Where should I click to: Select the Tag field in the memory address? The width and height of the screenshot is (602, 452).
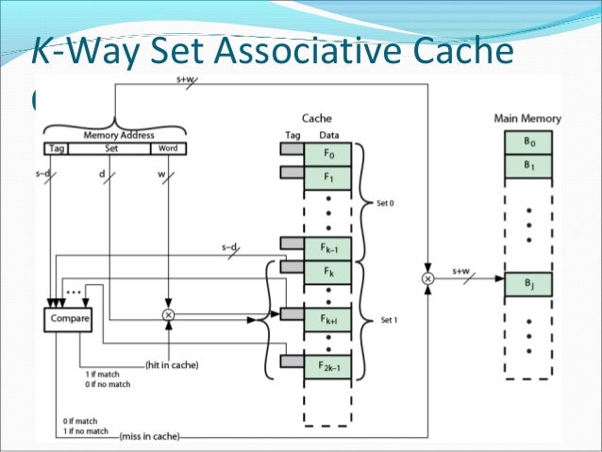coord(57,148)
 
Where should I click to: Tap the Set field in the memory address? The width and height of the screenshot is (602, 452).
coord(110,148)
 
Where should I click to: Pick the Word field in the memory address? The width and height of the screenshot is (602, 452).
coord(168,148)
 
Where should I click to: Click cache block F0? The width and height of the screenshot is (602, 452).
coord(327,151)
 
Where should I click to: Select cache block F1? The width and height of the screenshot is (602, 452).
coord(327,176)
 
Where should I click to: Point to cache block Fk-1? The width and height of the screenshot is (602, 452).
coord(327,247)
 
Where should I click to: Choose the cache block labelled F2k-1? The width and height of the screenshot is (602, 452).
coord(327,364)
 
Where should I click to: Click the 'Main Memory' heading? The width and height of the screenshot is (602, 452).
coord(527,118)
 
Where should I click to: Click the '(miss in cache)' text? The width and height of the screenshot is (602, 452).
coord(150,436)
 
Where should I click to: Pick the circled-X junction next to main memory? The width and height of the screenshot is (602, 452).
coord(427,280)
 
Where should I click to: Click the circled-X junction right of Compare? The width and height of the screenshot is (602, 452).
coord(169,314)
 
